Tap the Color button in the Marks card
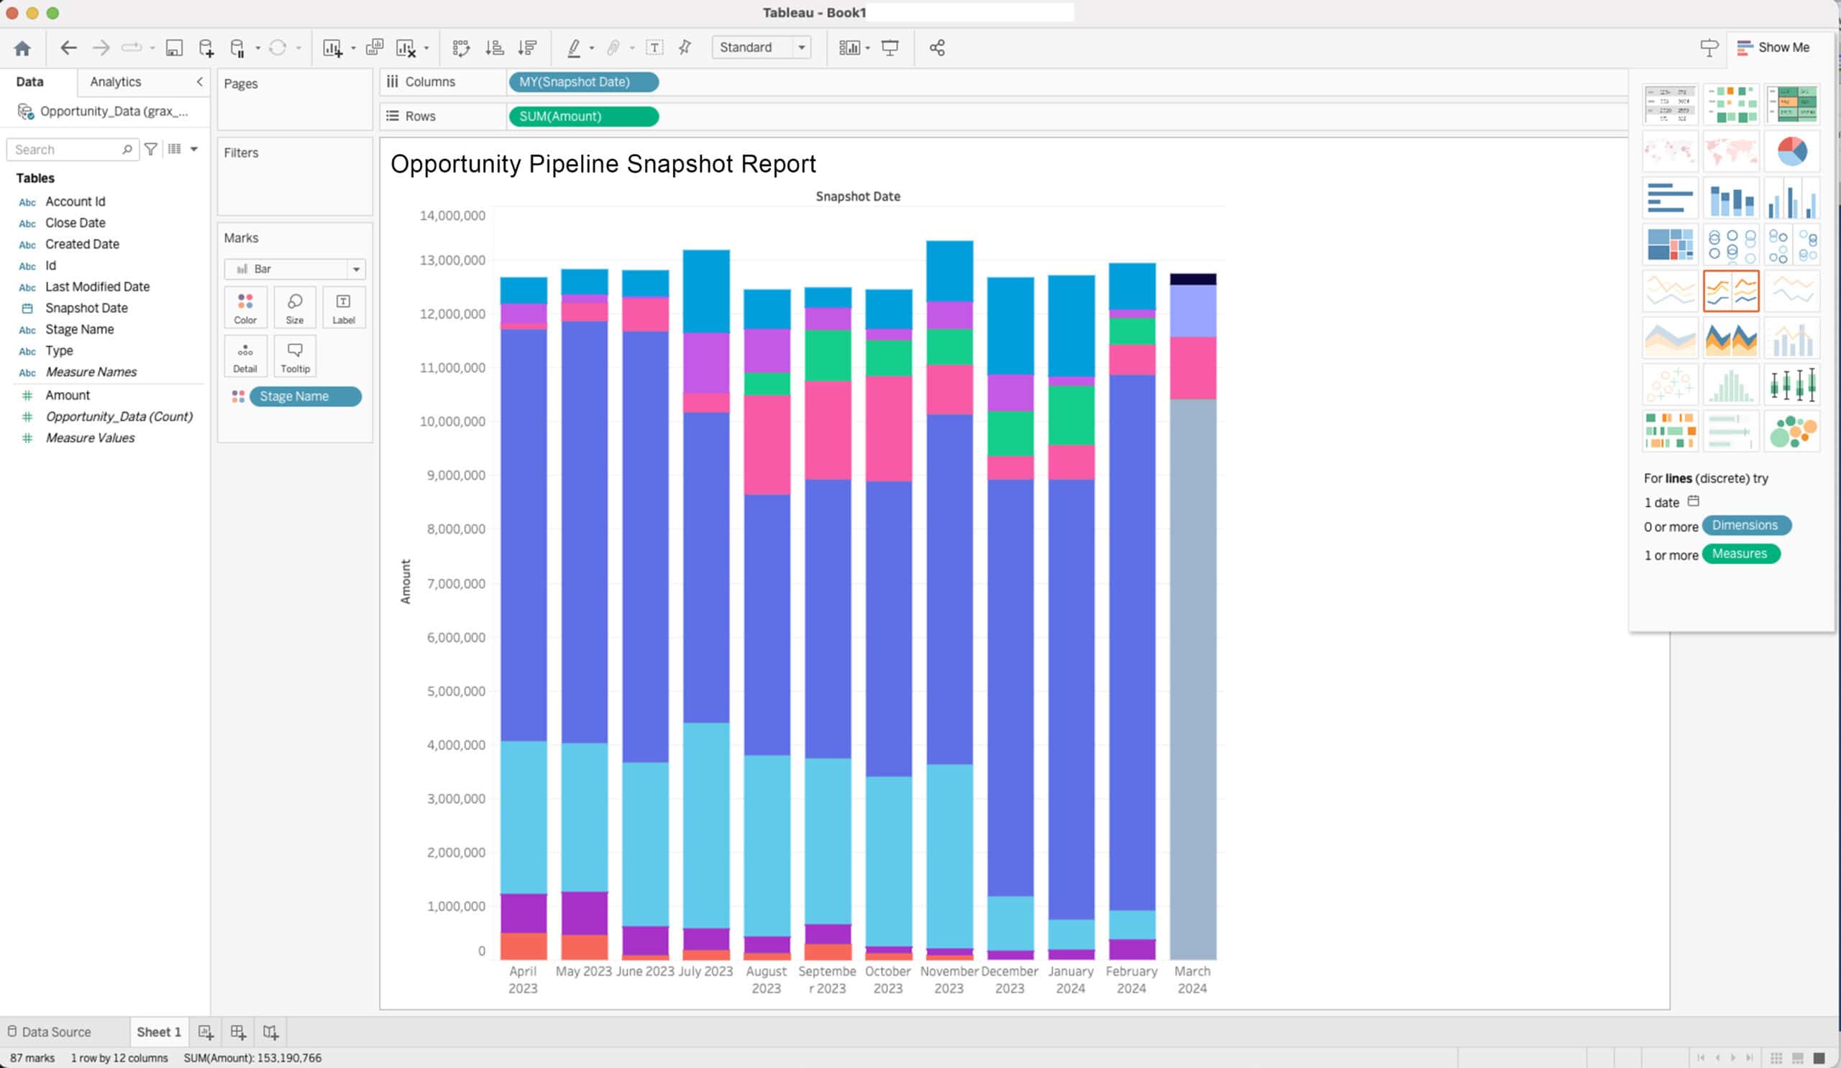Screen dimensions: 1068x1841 245,308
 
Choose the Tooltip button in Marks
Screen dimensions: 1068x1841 295,356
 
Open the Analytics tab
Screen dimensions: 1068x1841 116,82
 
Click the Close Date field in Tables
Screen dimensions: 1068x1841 76,223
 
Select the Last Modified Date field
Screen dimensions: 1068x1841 97,287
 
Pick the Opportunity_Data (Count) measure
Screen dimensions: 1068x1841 119,416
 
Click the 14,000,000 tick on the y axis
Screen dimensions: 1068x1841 452,216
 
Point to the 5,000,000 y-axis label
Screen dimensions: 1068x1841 455,691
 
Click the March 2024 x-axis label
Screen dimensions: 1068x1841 1192,980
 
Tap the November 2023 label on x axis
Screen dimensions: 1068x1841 949,980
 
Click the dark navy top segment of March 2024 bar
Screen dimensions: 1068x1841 1192,279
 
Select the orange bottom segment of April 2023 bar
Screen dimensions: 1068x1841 523,946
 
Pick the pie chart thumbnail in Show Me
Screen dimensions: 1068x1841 1791,150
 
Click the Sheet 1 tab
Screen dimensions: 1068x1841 158,1031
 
